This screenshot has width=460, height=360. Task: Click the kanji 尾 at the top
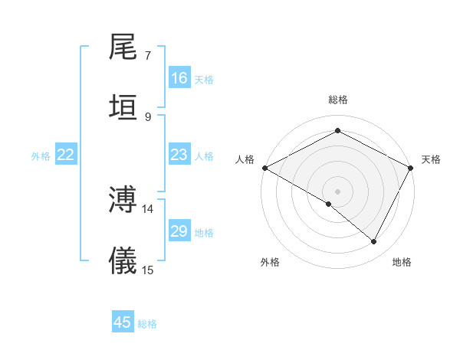tap(123, 47)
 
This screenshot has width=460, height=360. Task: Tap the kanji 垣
tap(123, 106)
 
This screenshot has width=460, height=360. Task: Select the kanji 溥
tap(123, 199)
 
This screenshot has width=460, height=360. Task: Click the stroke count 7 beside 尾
tap(148, 56)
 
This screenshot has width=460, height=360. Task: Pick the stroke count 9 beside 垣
tap(148, 116)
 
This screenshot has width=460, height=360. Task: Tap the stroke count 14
tap(148, 208)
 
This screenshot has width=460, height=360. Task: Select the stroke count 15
tap(148, 270)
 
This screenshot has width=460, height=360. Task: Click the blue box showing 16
tap(179, 78)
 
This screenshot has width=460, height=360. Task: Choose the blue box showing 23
tap(179, 155)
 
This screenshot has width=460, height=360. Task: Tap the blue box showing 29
tap(179, 231)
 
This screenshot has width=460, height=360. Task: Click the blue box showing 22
tap(66, 155)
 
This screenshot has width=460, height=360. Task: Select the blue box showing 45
tap(123, 322)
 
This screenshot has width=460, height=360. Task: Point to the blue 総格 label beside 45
tap(147, 324)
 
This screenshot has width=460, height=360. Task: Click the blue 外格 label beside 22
tap(41, 156)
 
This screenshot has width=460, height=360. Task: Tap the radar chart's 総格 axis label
tap(338, 100)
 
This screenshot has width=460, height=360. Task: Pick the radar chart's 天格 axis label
tap(431, 159)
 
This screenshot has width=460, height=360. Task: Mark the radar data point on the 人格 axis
tap(264, 168)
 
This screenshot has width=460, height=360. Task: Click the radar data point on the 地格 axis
tap(374, 241)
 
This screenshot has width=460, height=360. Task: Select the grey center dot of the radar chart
tap(338, 191)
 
